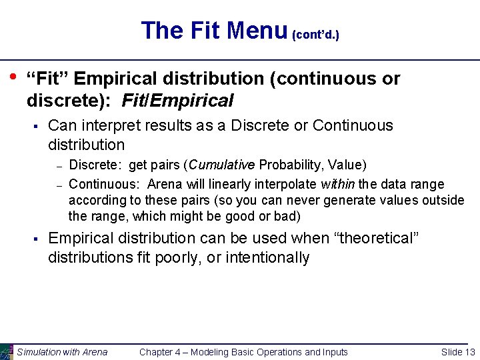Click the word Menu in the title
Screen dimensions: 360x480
click(255, 31)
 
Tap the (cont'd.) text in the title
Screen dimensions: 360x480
click(315, 34)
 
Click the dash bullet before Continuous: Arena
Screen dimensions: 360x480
click(59, 185)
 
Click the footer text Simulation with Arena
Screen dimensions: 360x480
click(62, 352)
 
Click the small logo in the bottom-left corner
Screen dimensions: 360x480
click(6, 351)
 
